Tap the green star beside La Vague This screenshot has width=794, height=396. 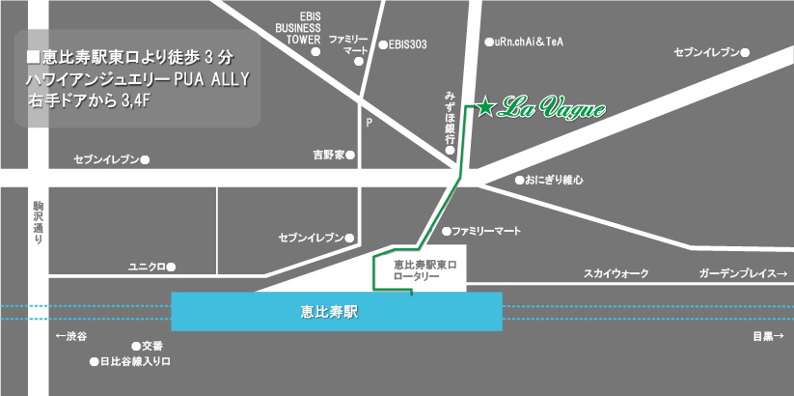(485, 107)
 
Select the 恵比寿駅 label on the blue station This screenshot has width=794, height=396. (337, 312)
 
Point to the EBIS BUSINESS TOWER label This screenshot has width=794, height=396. (298, 28)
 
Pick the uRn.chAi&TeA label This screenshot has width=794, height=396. (529, 42)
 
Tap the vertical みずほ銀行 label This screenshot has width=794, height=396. (451, 117)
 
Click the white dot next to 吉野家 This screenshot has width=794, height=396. (350, 155)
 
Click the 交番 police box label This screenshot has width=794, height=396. (152, 345)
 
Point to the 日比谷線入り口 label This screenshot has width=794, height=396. (135, 363)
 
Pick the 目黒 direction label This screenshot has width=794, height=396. (767, 337)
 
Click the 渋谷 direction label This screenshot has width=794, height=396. (71, 336)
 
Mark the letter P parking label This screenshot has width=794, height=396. (369, 123)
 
